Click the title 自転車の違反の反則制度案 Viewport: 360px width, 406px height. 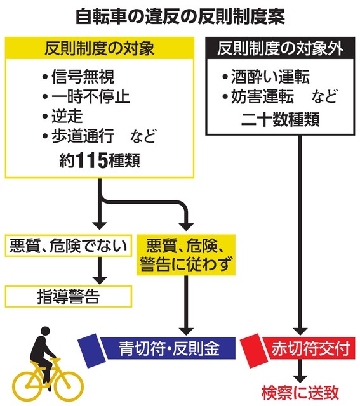(x=180, y=17)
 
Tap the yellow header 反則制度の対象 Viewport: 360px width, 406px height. (x=100, y=48)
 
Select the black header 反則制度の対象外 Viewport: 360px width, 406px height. (x=280, y=48)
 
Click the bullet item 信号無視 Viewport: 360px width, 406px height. (x=83, y=77)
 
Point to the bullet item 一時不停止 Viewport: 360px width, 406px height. (x=90, y=96)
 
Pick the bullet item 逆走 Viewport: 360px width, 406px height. (x=67, y=116)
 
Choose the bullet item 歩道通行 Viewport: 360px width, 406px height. (x=83, y=135)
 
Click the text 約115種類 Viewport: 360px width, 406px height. (x=100, y=160)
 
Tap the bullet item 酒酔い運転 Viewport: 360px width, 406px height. (x=270, y=77)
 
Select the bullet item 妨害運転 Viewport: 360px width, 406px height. (x=263, y=96)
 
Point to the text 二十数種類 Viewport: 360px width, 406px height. (x=280, y=119)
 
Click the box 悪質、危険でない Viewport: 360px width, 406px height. (x=68, y=246)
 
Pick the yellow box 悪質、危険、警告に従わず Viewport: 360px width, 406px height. (x=186, y=255)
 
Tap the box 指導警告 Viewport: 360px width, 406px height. (x=68, y=296)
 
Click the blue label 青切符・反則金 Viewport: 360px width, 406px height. (x=168, y=348)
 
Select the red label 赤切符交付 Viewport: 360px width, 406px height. (x=310, y=348)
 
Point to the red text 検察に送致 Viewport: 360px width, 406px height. (x=300, y=393)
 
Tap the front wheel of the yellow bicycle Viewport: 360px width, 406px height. (x=69, y=386)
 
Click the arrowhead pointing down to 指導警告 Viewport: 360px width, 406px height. (x=100, y=280)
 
